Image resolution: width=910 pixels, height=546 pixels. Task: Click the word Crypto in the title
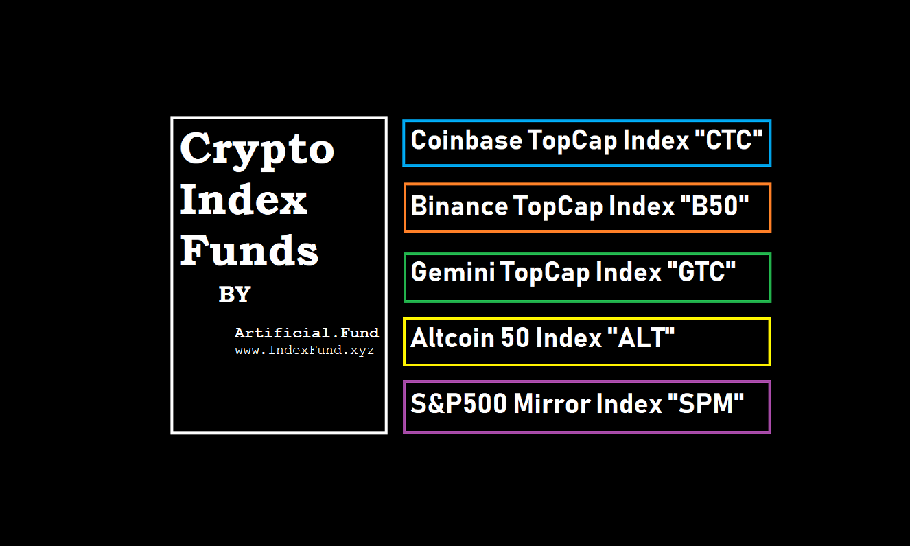tap(257, 149)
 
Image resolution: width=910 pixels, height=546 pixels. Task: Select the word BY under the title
tap(235, 295)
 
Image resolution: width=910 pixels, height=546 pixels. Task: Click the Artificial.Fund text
tap(306, 333)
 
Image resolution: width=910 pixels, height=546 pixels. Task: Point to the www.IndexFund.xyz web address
tap(304, 351)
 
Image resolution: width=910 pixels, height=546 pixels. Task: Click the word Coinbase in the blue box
tap(465, 141)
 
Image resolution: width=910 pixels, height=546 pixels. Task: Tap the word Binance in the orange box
tap(459, 206)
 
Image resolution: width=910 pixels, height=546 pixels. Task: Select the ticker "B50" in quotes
tap(716, 206)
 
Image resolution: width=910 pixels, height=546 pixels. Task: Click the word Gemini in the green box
tap(452, 272)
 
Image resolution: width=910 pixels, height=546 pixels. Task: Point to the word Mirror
tap(551, 404)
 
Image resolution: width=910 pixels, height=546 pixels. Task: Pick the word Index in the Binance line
tap(642, 206)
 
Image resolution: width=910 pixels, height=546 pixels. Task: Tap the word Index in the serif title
tap(243, 200)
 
